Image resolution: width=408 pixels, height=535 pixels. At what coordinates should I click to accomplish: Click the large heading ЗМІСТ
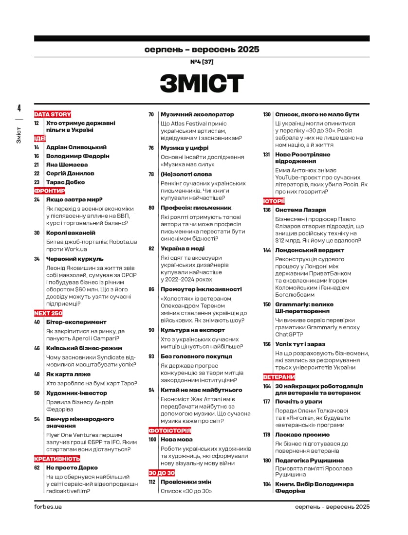pyautogui.click(x=202, y=84)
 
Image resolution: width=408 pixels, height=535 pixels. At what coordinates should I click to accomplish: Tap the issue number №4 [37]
pyautogui.click(x=202, y=62)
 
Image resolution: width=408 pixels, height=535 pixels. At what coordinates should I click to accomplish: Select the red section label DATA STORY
pyautogui.click(x=53, y=114)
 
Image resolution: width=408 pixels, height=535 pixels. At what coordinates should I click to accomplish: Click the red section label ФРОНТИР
pyautogui.click(x=49, y=191)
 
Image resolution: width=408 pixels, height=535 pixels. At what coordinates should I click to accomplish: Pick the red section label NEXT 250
pyautogui.click(x=48, y=313)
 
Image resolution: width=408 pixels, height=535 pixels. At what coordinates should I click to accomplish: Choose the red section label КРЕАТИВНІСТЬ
pyautogui.click(x=57, y=459)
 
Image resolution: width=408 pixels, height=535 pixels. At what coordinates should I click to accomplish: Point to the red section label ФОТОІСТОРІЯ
pyautogui.click(x=169, y=430)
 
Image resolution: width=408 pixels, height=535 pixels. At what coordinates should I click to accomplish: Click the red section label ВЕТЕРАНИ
pyautogui.click(x=279, y=377)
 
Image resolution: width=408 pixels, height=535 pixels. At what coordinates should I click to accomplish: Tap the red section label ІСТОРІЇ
pyautogui.click(x=274, y=201)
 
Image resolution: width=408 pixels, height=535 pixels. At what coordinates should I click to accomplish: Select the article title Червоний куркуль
pyautogui.click(x=74, y=259)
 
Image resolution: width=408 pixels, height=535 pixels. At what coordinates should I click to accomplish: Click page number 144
pyautogui.click(x=267, y=250)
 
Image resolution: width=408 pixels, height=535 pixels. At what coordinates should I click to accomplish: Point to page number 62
pyautogui.click(x=37, y=467)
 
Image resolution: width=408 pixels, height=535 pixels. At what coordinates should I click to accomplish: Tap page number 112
pyautogui.click(x=152, y=482)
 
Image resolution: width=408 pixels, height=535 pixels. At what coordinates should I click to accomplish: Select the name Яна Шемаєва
pyautogui.click(x=67, y=165)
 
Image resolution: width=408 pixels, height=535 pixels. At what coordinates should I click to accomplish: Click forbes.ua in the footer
pyautogui.click(x=48, y=506)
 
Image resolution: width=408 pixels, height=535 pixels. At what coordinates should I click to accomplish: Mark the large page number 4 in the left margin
pyautogui.click(x=19, y=108)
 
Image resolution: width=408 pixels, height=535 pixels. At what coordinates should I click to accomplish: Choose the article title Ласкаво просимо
pyautogui.click(x=302, y=435)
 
